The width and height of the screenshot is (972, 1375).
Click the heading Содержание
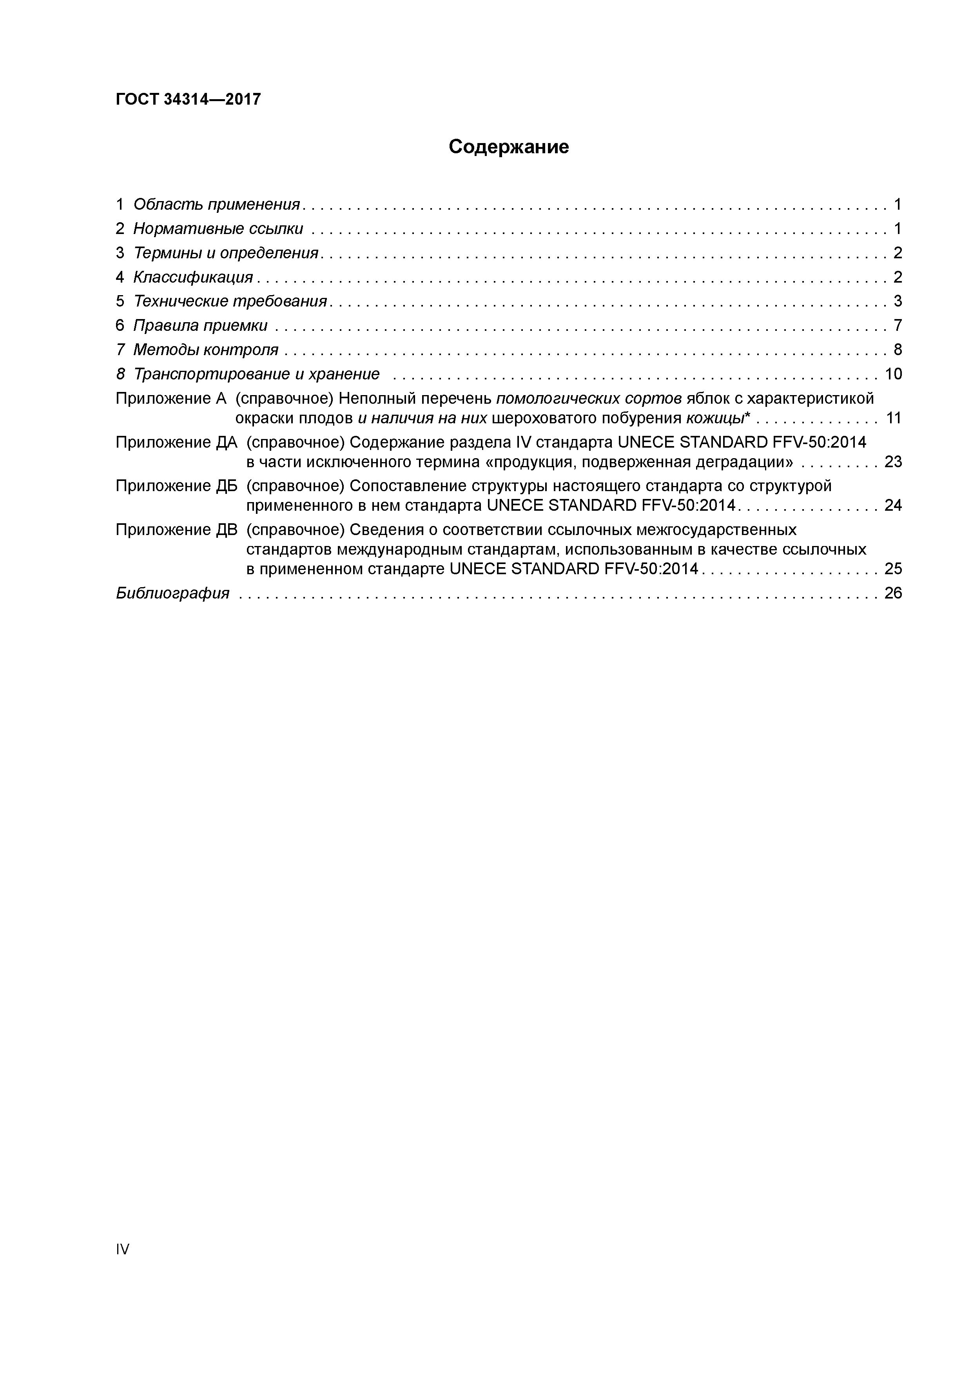508,147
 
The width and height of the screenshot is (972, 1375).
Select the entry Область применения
216,205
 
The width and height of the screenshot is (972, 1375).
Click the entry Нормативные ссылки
218,229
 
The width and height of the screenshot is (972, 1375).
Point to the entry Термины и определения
225,253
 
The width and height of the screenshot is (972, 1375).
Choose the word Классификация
193,277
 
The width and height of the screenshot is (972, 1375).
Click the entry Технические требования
230,301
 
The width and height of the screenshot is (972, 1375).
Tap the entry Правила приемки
200,326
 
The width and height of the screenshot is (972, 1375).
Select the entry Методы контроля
205,350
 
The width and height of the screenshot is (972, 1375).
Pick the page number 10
893,374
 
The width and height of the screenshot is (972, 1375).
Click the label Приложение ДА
176,443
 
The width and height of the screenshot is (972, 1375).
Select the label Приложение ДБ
176,486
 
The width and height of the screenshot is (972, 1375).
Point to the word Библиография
172,593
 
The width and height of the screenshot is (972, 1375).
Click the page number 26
893,593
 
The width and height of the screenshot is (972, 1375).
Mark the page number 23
893,462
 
